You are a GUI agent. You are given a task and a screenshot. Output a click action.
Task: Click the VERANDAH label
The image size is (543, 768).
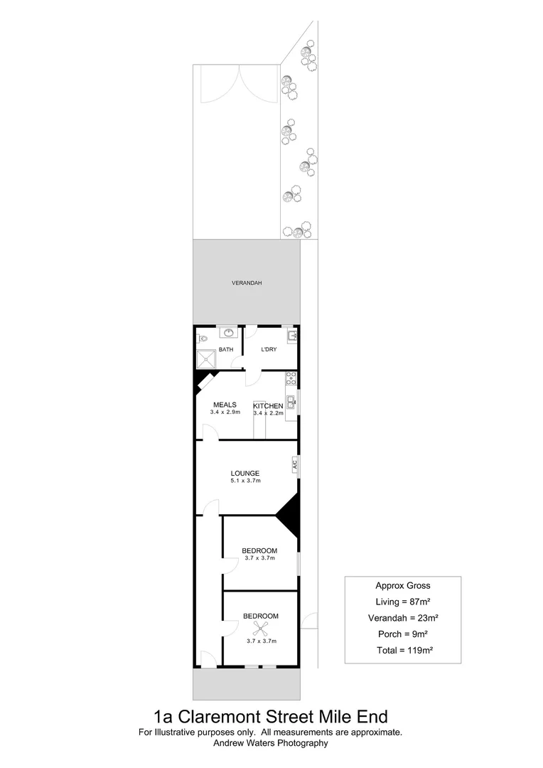247,283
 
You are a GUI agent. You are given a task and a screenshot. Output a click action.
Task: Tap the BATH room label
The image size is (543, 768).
226,349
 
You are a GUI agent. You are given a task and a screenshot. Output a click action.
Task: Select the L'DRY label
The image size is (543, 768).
269,349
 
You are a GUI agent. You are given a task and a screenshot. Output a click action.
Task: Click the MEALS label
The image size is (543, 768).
225,405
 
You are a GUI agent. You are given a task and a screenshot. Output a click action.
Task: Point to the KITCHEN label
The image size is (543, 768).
269,405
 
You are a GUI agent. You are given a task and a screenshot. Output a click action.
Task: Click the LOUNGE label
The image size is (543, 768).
244,473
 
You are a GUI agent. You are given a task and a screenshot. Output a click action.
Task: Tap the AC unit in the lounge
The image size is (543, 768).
294,466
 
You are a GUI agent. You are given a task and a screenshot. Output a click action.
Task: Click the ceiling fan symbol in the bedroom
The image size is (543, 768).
261,628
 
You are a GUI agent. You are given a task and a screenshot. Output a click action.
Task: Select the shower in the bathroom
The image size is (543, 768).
206,358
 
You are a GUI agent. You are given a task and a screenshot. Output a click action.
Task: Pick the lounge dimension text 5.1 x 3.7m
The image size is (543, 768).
245,481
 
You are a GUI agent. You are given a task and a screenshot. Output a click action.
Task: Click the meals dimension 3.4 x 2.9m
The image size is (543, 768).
225,412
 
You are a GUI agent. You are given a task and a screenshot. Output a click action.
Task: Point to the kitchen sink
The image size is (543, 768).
291,402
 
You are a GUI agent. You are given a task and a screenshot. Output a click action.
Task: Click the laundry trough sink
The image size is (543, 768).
292,336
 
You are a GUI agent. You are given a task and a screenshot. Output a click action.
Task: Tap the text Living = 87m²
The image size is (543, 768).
402,602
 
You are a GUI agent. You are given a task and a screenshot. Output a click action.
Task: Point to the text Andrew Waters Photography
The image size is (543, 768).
271,743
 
